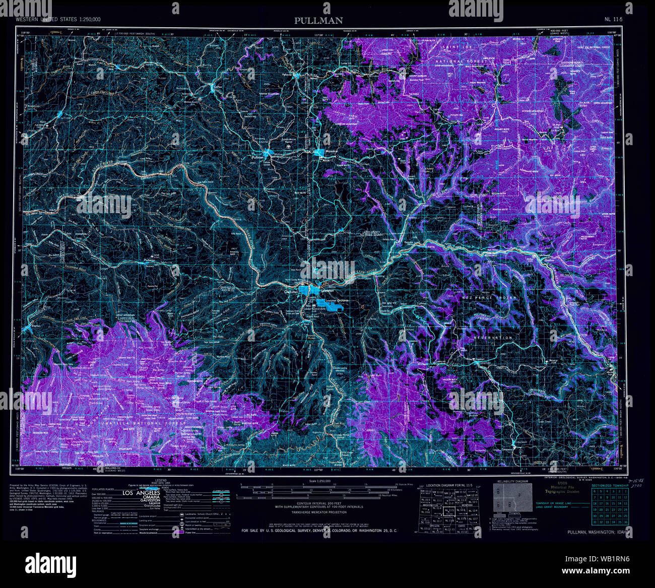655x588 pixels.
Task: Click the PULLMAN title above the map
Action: [x=318, y=20]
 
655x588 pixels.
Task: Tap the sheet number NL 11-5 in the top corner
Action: [x=614, y=19]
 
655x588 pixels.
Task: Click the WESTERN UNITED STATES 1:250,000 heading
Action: [x=58, y=19]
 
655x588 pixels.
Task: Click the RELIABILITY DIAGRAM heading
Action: [x=513, y=482]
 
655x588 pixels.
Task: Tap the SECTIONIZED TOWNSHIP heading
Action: [x=610, y=486]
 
